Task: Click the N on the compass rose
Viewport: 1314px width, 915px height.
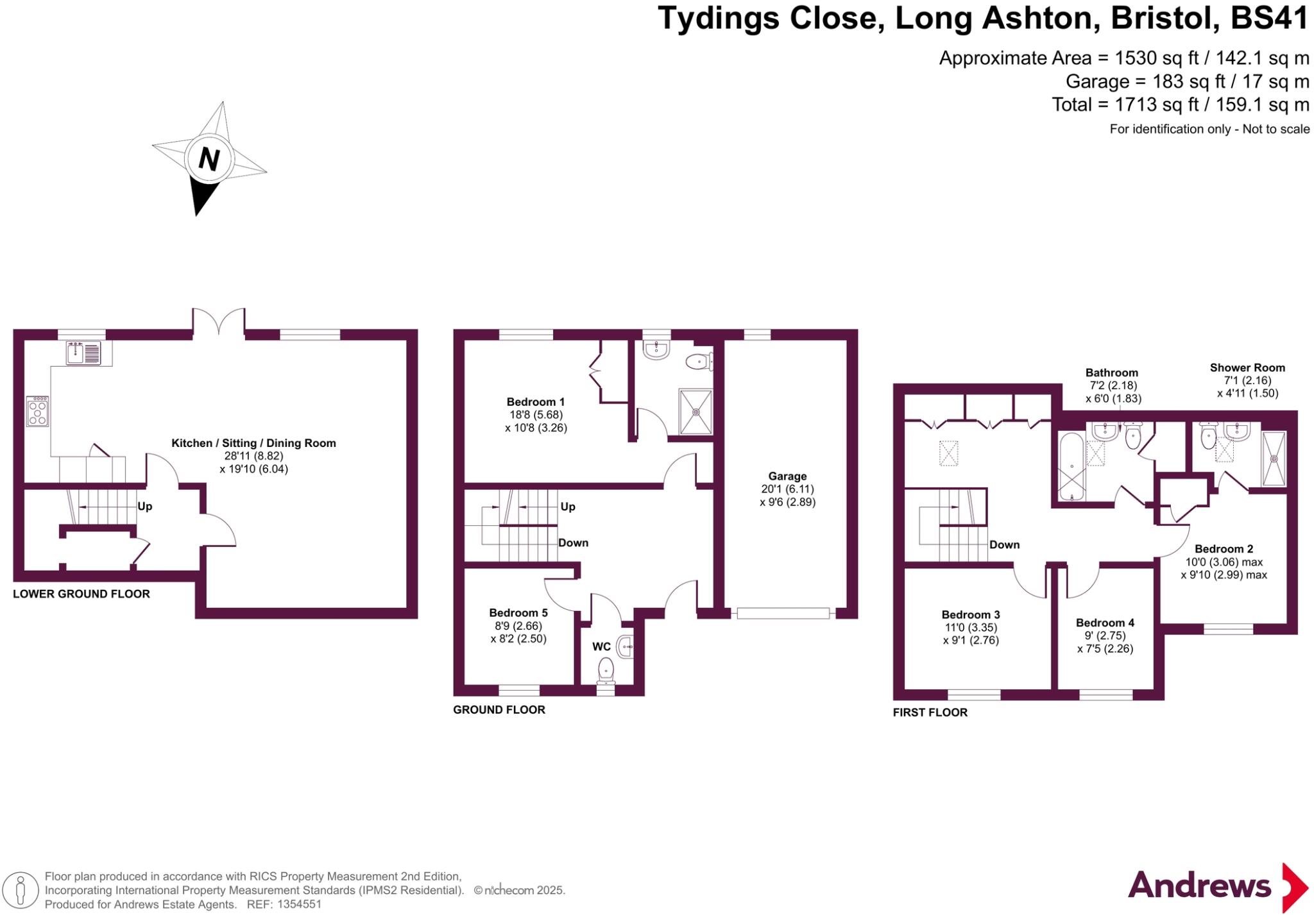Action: click(209, 158)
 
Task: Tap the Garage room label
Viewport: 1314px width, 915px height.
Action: click(787, 476)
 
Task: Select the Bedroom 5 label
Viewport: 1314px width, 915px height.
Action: click(518, 613)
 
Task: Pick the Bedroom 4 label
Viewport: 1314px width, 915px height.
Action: click(1105, 623)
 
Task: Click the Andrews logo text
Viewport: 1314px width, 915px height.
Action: click(1199, 886)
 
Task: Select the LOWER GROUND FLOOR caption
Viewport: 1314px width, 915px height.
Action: click(81, 594)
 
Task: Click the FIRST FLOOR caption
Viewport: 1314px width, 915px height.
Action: click(930, 712)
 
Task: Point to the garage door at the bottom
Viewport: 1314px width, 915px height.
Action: click(783, 614)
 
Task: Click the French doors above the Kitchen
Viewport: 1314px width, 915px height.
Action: click(219, 322)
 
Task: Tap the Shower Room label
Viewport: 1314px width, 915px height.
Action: click(1247, 368)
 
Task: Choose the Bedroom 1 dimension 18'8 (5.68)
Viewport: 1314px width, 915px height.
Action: click(536, 415)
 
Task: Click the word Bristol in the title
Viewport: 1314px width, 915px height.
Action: click(1165, 18)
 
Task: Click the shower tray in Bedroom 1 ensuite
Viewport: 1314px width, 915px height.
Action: click(695, 411)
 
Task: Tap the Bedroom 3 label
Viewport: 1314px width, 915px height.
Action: click(970, 614)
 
